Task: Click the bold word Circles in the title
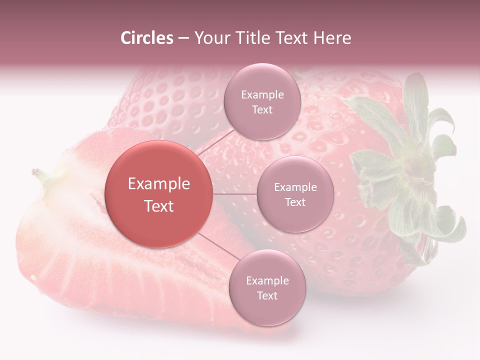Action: click(146, 38)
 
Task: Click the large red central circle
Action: click(159, 194)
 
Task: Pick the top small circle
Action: click(262, 101)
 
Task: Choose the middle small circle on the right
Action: click(295, 194)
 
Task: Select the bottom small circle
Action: click(267, 287)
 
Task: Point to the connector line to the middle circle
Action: click(234, 194)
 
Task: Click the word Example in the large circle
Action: click(159, 184)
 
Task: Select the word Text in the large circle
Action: click(159, 206)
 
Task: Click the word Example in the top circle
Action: click(262, 94)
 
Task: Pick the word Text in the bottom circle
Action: click(267, 295)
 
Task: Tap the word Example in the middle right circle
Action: click(295, 187)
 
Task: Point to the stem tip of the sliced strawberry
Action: click(36, 172)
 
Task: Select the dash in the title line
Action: click(183, 38)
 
